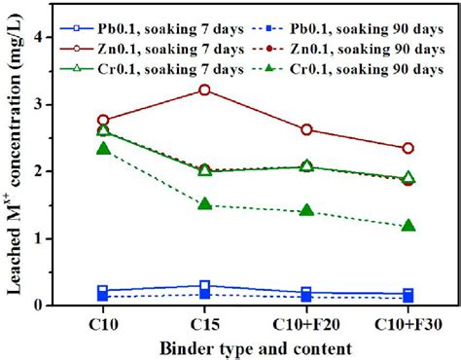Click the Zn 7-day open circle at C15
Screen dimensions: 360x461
pos(204,90)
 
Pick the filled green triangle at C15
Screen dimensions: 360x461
pos(204,204)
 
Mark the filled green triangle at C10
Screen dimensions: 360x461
pos(103,148)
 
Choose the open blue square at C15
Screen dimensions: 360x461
pos(204,286)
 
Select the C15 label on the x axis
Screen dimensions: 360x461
pos(204,323)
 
